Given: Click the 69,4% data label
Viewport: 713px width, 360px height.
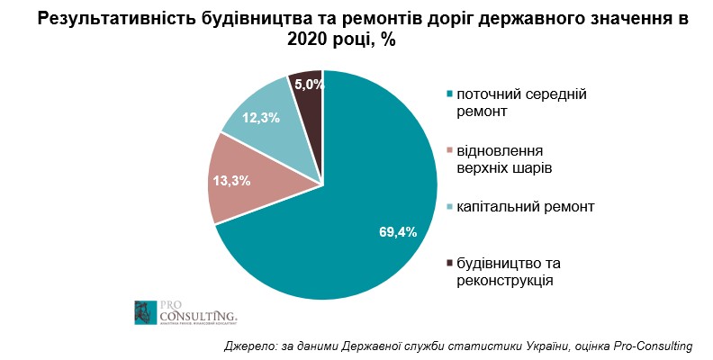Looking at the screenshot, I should pos(397,231).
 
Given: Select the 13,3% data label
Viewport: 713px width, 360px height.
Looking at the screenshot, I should pos(231,180).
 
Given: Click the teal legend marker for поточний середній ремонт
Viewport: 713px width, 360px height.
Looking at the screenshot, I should pos(449,94).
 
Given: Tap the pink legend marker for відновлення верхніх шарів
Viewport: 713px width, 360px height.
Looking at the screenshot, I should pos(449,150).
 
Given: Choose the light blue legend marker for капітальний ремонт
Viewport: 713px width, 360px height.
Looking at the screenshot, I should pos(449,207).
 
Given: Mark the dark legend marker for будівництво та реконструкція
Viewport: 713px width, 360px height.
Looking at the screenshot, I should pos(449,263).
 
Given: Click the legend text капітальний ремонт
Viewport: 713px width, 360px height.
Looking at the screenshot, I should pos(526,207).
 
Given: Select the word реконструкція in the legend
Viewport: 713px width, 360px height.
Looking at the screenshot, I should pos(504,281).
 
